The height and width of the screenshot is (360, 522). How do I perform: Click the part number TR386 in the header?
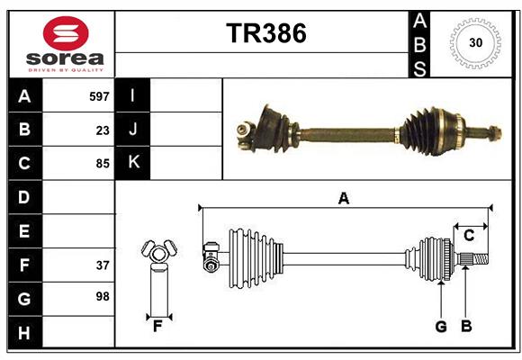point(265,33)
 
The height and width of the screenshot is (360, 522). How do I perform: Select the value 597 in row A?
point(99,96)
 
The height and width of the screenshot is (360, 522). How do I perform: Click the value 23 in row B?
point(103,130)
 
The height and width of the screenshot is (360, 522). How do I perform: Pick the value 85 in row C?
point(103,164)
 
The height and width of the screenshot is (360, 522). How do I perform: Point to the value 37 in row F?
point(103,265)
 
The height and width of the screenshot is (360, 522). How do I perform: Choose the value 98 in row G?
point(103,296)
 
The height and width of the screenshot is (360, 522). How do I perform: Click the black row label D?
point(24,197)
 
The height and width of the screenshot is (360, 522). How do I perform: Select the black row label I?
point(133,96)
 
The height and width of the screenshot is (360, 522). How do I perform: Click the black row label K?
point(133,163)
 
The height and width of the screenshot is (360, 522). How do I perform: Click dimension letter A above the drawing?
point(343,198)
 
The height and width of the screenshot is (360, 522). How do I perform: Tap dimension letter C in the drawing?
point(469,236)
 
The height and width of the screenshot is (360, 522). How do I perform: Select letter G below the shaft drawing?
point(441,327)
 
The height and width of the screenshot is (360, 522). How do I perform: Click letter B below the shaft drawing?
point(466,327)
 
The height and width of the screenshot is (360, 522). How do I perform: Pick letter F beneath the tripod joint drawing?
point(157,327)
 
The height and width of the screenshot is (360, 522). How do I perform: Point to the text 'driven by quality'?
point(66,68)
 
